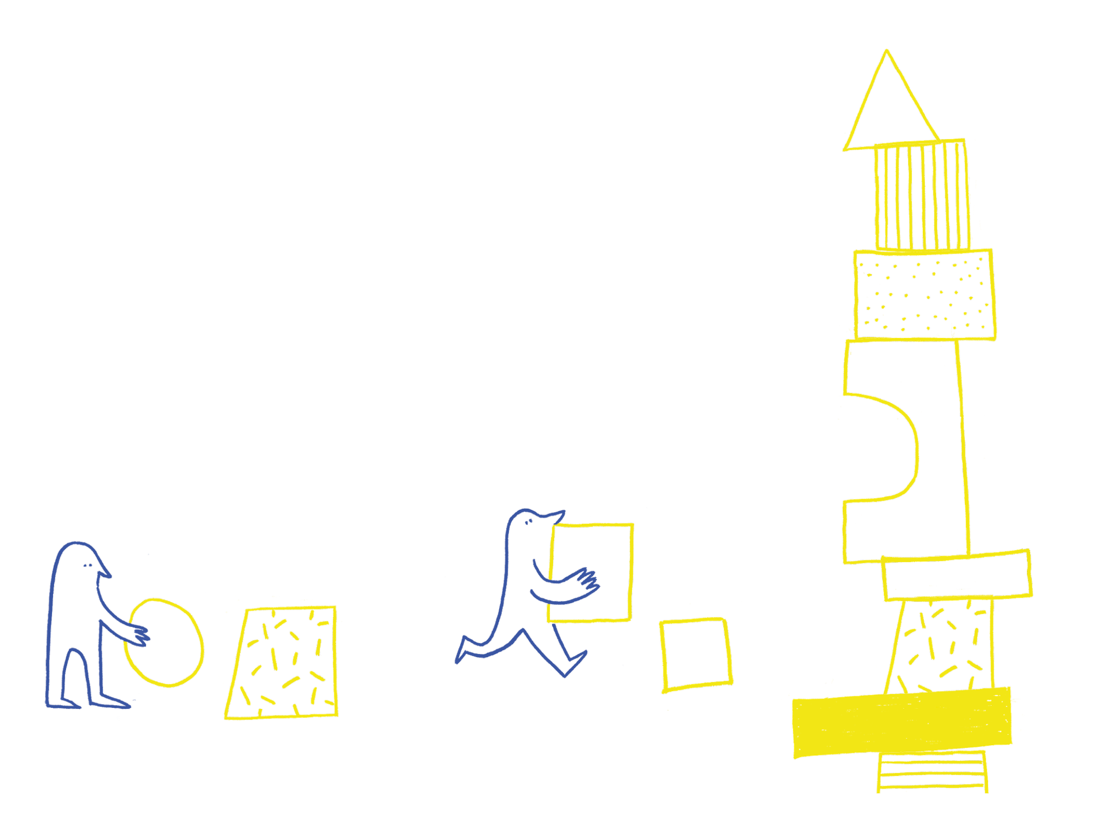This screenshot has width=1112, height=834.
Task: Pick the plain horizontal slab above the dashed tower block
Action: click(x=958, y=575)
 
